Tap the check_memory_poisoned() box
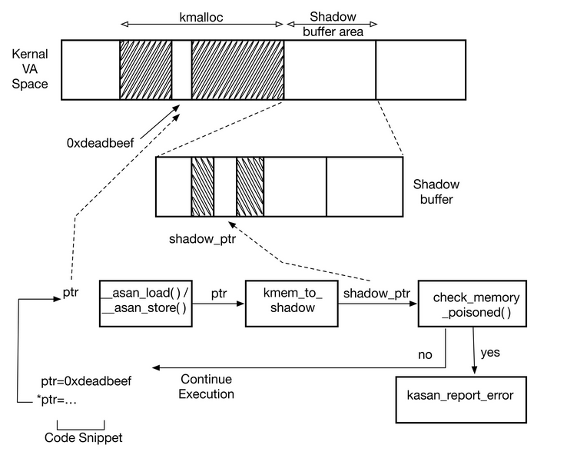click(x=472, y=304)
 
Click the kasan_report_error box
click(x=460, y=399)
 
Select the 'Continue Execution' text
click(x=207, y=387)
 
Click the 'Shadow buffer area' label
click(x=331, y=23)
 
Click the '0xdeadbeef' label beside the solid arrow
click(x=100, y=142)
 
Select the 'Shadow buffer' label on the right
click(x=436, y=192)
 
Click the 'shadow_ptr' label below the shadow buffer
click(x=201, y=237)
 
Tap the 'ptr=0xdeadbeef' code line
click(x=86, y=381)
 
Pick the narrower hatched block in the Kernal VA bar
click(x=145, y=69)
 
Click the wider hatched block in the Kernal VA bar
click(x=237, y=69)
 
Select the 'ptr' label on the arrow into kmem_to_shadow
click(x=219, y=294)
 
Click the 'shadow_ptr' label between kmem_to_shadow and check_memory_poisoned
click(x=376, y=294)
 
